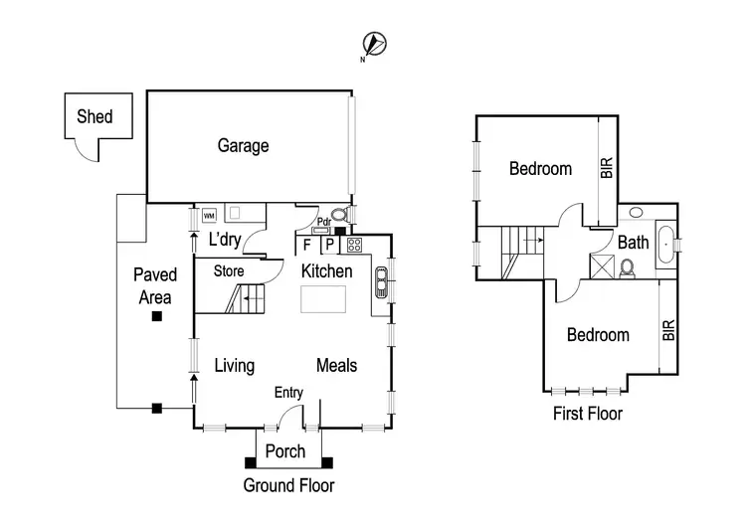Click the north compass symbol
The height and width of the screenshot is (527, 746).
pos(376,43)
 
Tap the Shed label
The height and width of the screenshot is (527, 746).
pos(94,116)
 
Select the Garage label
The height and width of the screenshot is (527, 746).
pos(243,146)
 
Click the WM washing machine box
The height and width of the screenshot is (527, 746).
pos(209,215)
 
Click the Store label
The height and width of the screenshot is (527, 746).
pos(229,270)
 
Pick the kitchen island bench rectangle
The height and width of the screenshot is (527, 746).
pos(323,299)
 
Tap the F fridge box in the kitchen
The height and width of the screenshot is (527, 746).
pos(306,245)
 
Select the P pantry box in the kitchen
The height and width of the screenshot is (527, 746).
pos(327,245)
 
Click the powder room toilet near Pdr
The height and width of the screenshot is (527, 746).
pos(339,213)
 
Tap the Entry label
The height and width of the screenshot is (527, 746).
pos(288,393)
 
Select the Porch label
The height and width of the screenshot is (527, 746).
pos(285,451)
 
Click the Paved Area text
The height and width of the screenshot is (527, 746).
pos(156,285)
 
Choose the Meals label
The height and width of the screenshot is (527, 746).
pos(336,365)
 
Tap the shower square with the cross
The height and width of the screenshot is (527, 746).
pos(601,265)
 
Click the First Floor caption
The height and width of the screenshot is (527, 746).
pos(588,414)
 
